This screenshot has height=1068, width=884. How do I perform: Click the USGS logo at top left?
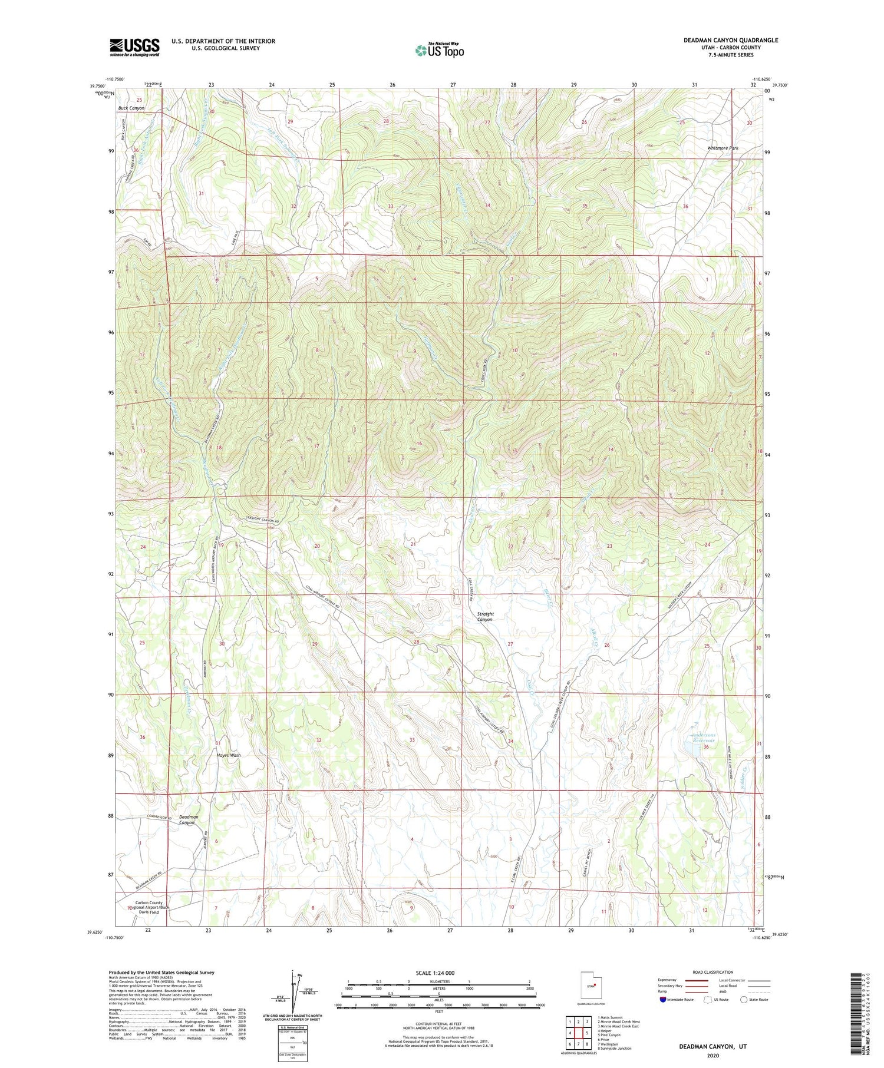tap(134, 47)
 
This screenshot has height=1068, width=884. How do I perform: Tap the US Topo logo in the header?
tap(439, 50)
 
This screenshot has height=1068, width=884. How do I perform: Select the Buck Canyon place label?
tap(131, 108)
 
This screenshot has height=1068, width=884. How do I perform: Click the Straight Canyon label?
tap(485, 617)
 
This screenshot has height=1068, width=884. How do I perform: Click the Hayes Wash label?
tap(229, 755)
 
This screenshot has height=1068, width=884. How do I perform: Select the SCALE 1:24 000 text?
tap(438, 973)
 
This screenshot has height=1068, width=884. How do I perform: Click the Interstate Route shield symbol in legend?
tap(663, 1000)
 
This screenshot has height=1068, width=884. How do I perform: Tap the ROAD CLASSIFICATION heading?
tap(713, 972)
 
